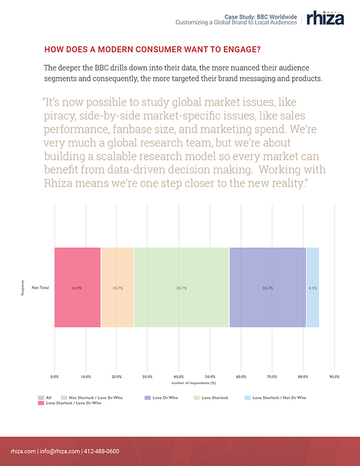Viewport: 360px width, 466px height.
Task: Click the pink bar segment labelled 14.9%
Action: click(77, 288)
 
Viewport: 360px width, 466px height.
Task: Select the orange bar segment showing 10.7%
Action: click(118, 288)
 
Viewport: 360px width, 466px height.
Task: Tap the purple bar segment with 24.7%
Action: click(268, 288)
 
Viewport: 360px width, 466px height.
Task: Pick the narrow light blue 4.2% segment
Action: click(313, 288)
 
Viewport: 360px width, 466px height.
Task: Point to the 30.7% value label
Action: click(181, 288)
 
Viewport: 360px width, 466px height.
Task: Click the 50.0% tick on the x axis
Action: click(209, 377)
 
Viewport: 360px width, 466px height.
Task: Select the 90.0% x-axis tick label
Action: click(334, 377)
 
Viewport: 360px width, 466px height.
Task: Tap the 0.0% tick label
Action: click(55, 377)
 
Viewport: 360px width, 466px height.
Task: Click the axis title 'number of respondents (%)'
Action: click(193, 382)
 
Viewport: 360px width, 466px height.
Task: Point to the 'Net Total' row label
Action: click(40, 288)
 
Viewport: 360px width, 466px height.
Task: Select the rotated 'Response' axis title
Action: click(23, 288)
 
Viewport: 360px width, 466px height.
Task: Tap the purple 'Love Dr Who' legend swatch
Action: click(146, 398)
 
